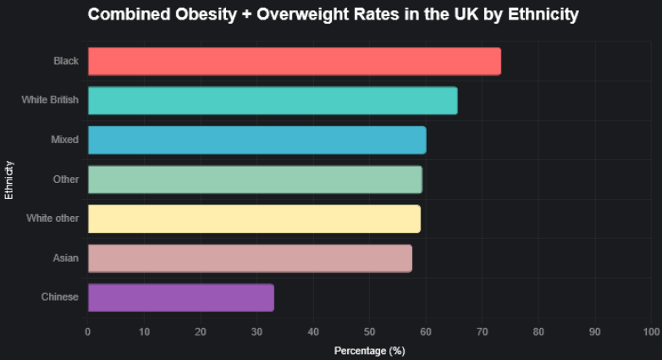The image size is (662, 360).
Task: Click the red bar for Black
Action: click(x=294, y=61)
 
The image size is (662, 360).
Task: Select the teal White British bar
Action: click(x=273, y=100)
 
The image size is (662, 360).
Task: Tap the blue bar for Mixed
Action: click(x=257, y=140)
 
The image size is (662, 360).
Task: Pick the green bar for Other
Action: click(x=255, y=180)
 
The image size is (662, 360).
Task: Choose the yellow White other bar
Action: click(x=254, y=219)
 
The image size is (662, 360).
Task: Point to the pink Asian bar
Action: click(x=250, y=258)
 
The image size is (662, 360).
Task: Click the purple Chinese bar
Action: click(x=180, y=297)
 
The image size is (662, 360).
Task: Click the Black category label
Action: click(x=66, y=61)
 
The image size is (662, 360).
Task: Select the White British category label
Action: click(x=50, y=100)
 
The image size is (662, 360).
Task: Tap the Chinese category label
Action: click(x=59, y=297)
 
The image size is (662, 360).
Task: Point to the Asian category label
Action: click(x=65, y=258)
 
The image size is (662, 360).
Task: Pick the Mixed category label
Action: click(x=65, y=140)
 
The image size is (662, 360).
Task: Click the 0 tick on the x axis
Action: click(x=87, y=331)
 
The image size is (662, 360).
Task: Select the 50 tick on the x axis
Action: click(x=369, y=331)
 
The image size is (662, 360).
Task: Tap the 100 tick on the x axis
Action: click(x=651, y=331)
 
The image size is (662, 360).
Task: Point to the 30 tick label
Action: click(x=257, y=331)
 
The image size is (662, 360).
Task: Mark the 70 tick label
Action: click(x=482, y=331)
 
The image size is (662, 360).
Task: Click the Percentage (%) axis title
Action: click(x=369, y=350)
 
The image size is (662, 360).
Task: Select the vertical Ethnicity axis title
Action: click(x=9, y=180)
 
